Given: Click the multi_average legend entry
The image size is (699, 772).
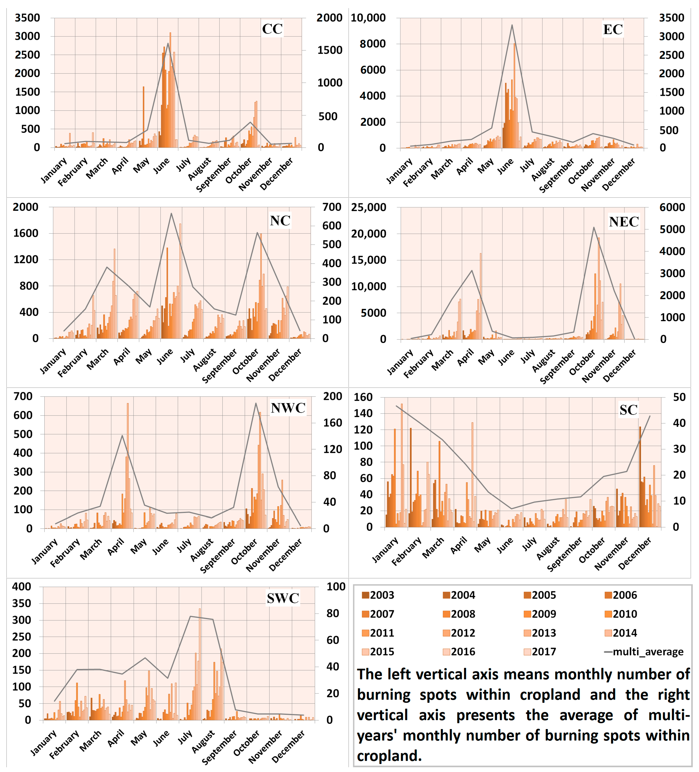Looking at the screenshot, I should pyautogui.click(x=644, y=652).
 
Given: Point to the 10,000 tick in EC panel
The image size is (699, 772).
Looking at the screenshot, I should pyautogui.click(x=368, y=18).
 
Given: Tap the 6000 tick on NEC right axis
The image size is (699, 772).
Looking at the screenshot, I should pyautogui.click(x=672, y=207).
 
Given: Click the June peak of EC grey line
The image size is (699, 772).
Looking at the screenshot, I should pyautogui.click(x=512, y=25).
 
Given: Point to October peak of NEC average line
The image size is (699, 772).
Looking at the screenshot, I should pyautogui.click(x=594, y=227).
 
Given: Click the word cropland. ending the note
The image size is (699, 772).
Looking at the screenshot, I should pyautogui.click(x=389, y=756).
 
